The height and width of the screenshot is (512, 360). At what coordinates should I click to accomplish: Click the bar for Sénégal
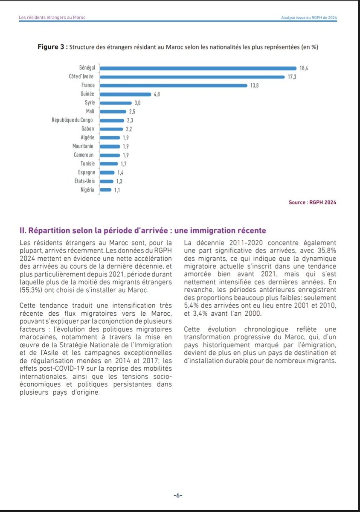198,68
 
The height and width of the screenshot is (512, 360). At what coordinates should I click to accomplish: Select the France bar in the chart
174,85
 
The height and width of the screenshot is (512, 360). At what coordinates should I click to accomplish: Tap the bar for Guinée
125,94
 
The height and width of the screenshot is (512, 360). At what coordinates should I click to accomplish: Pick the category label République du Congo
72,120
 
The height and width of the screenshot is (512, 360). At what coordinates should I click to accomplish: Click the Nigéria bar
106,190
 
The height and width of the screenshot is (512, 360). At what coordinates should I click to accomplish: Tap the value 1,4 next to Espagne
121,172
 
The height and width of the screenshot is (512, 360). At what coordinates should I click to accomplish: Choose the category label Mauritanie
83,146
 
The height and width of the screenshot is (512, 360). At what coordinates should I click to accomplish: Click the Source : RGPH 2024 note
312,202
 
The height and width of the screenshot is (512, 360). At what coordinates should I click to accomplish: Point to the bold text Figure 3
51,47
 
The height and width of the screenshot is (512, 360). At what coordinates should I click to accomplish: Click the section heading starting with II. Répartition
143,231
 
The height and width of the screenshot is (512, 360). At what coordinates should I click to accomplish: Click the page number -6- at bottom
178,495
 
